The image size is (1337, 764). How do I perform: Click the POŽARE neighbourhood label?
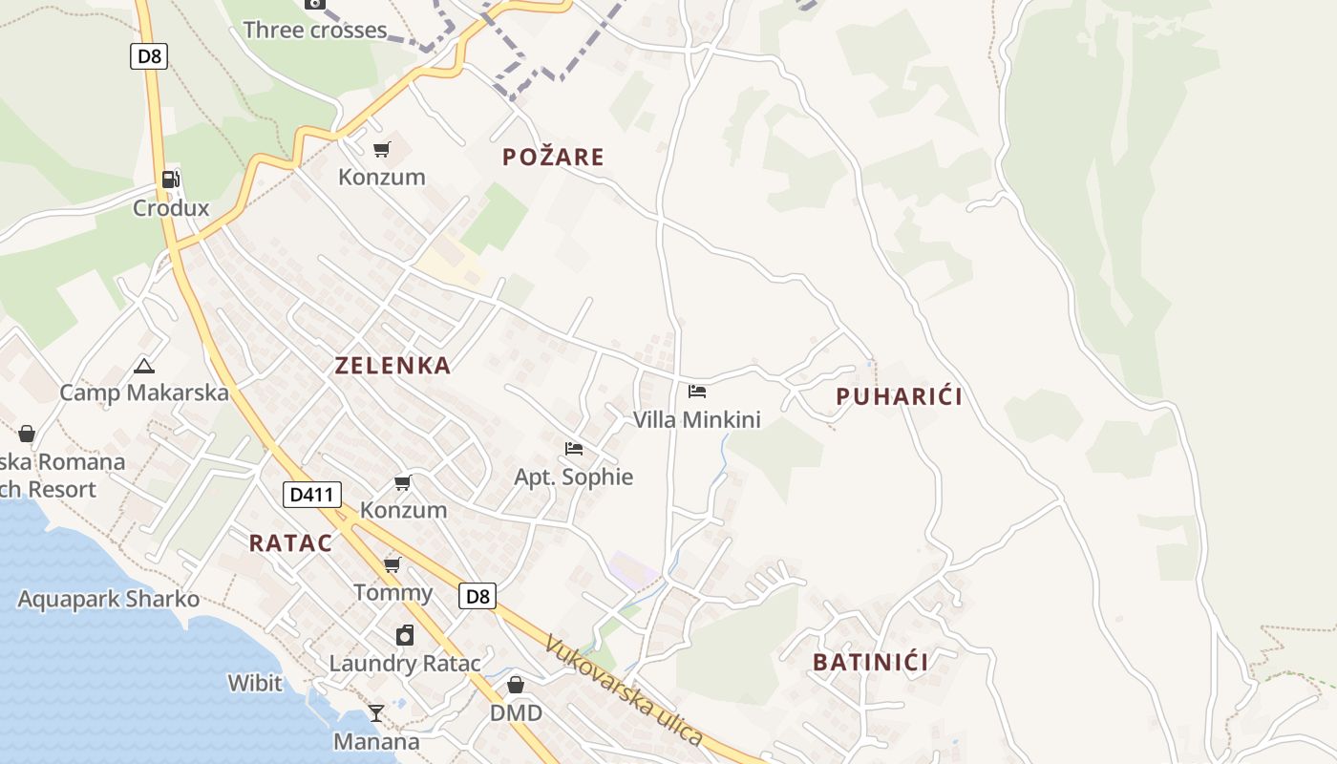click(x=554, y=157)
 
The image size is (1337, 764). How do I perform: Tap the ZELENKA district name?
click(x=393, y=365)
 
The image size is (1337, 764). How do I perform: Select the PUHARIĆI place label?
click(x=899, y=396)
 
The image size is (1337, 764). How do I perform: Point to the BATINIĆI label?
click(x=870, y=662)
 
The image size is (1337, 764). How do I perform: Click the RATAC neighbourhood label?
click(x=291, y=543)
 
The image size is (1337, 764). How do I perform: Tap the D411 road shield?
click(x=312, y=495)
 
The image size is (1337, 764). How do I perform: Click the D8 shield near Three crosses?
click(x=149, y=56)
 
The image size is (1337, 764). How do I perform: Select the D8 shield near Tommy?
click(x=477, y=597)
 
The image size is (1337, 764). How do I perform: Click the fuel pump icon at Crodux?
click(x=171, y=179)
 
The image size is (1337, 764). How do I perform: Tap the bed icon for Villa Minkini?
click(x=697, y=392)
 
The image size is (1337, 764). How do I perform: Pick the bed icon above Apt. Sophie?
click(x=574, y=449)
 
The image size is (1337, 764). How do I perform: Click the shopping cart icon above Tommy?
click(x=393, y=564)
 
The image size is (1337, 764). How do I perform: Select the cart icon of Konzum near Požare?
click(x=382, y=149)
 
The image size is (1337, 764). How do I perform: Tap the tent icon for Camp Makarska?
click(x=144, y=365)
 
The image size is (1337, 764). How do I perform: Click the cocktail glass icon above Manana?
click(x=376, y=713)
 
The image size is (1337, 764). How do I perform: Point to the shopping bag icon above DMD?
click(x=516, y=685)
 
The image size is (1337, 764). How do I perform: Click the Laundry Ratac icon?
click(x=405, y=635)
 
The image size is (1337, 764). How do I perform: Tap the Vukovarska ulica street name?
click(x=625, y=691)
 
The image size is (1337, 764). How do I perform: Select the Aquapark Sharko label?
click(x=109, y=600)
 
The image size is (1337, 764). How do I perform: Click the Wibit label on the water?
click(x=255, y=683)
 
